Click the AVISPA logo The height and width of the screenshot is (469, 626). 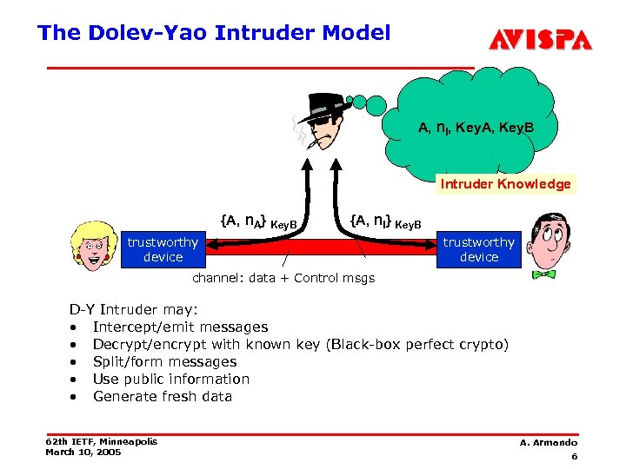[x=540, y=40]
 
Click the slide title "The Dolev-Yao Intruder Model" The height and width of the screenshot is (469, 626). [x=214, y=33]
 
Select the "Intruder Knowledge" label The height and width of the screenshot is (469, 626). [x=505, y=184]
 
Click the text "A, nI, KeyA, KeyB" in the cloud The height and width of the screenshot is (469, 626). [x=476, y=129]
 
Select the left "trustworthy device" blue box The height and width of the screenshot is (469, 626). [x=163, y=249]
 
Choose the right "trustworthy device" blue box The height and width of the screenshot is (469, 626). [x=478, y=249]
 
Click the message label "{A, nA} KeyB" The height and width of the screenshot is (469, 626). [x=259, y=222]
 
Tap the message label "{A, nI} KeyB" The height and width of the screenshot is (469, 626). [x=385, y=222]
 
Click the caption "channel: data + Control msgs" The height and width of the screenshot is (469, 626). [x=283, y=279]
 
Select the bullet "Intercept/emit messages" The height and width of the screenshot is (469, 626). [x=180, y=327]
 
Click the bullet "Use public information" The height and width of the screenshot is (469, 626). [x=170, y=380]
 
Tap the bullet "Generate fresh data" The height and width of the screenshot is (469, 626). [x=162, y=397]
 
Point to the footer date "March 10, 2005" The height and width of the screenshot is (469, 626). [x=83, y=452]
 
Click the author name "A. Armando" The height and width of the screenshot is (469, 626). [x=549, y=443]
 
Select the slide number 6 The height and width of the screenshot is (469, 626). [x=575, y=457]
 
